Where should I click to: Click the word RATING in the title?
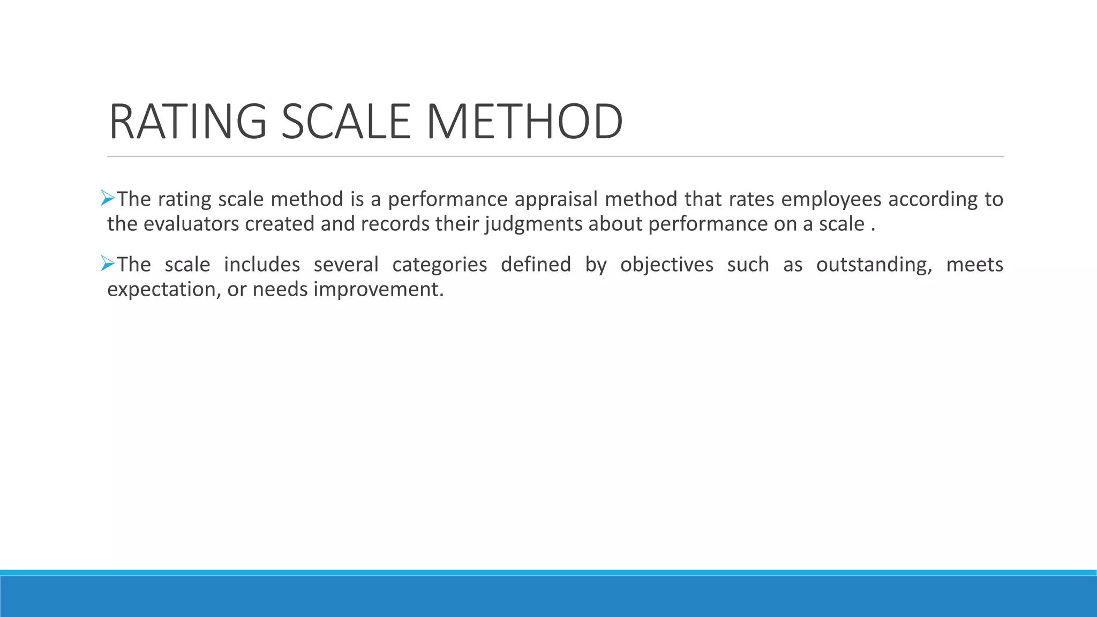point(187,122)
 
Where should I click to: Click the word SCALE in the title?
point(345,122)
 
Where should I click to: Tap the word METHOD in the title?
point(524,122)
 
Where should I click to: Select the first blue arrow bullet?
point(108,198)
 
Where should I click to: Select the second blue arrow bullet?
point(108,264)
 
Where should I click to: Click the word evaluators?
point(191,224)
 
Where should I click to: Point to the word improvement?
point(378,290)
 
